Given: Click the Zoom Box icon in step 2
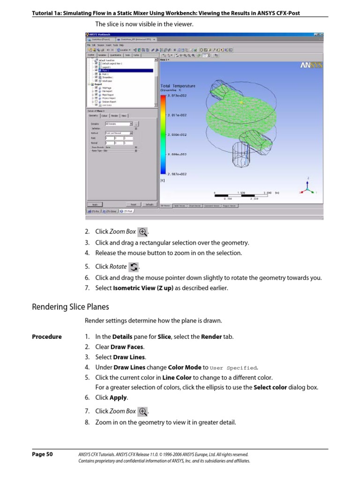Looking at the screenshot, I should coord(143,232).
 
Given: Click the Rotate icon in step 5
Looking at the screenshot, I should coord(134,267).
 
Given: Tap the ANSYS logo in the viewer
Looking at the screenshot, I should coord(311,66).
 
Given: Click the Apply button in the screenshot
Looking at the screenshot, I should coord(95,204).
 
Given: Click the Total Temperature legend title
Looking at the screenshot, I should coord(178,86).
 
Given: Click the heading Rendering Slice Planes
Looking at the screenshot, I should coord(70,307).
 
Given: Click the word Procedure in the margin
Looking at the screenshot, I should coord(46,337).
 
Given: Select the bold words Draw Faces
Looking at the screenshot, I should coord(127,347).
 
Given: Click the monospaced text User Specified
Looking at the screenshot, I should coord(233,367).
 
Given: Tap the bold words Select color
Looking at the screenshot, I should coord(270,387).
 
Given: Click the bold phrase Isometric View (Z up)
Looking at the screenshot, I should coord(144,288).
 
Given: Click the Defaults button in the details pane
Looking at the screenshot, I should coord(149,204).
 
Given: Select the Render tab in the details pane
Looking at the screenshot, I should coord(114,115).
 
